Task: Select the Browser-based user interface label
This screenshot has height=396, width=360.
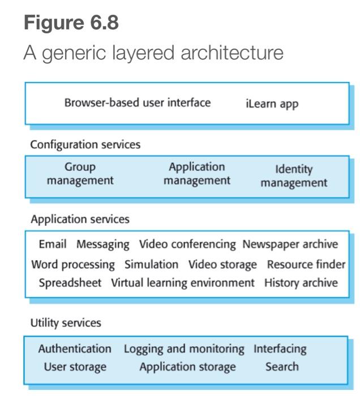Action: pyautogui.click(x=137, y=103)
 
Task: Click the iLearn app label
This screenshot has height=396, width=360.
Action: pyautogui.click(x=272, y=104)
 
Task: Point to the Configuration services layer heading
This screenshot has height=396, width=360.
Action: pyautogui.click(x=85, y=145)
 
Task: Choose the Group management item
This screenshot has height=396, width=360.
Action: pyautogui.click(x=80, y=174)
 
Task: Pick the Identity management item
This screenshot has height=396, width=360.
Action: pyautogui.click(x=294, y=176)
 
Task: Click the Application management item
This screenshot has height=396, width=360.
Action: pyautogui.click(x=196, y=174)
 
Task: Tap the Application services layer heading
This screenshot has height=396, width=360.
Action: pyautogui.click(x=80, y=219)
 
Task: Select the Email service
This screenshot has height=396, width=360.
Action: pyautogui.click(x=53, y=244)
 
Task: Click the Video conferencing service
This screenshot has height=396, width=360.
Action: pyautogui.click(x=187, y=244)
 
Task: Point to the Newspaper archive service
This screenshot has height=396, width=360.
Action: pyautogui.click(x=290, y=244)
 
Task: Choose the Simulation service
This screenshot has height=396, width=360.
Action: pyautogui.click(x=151, y=264)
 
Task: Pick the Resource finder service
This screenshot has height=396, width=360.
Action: pyautogui.click(x=306, y=264)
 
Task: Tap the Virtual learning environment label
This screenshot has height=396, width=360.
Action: pyautogui.click(x=182, y=283)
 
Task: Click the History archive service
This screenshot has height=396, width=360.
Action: pyautogui.click(x=301, y=283)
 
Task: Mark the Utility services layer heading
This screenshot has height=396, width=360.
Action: pyautogui.click(x=66, y=323)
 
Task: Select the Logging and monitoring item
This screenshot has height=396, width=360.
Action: pyautogui.click(x=184, y=349)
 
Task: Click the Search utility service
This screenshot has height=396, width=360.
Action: pyautogui.click(x=282, y=367)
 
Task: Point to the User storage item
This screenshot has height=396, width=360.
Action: pyautogui.click(x=75, y=367)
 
